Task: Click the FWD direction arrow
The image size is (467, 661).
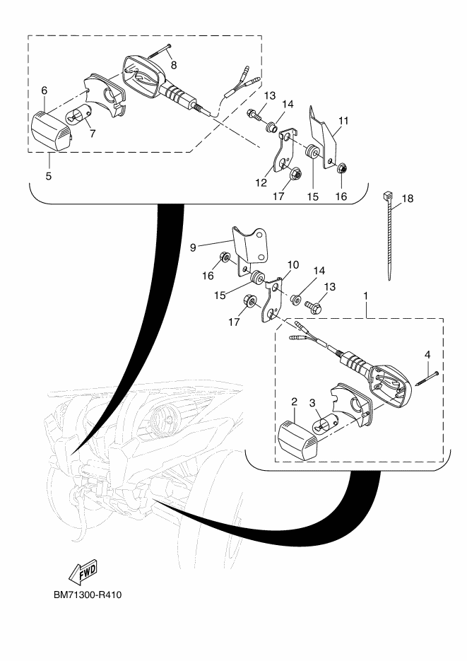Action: [x=83, y=573]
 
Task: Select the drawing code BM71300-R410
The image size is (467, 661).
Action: [x=88, y=595]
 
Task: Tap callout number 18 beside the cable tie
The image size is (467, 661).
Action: [x=408, y=198]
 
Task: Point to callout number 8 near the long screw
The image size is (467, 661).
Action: [x=174, y=64]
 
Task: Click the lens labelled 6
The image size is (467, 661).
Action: [x=52, y=130]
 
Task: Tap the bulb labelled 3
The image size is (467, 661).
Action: [x=325, y=424]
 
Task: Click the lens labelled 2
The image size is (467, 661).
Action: [x=300, y=440]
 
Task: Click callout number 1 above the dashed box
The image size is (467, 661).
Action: [x=365, y=296]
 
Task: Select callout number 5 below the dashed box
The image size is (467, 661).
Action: [x=49, y=176]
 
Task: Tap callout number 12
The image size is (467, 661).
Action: [x=261, y=182]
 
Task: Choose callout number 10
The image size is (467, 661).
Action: [x=293, y=264]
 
